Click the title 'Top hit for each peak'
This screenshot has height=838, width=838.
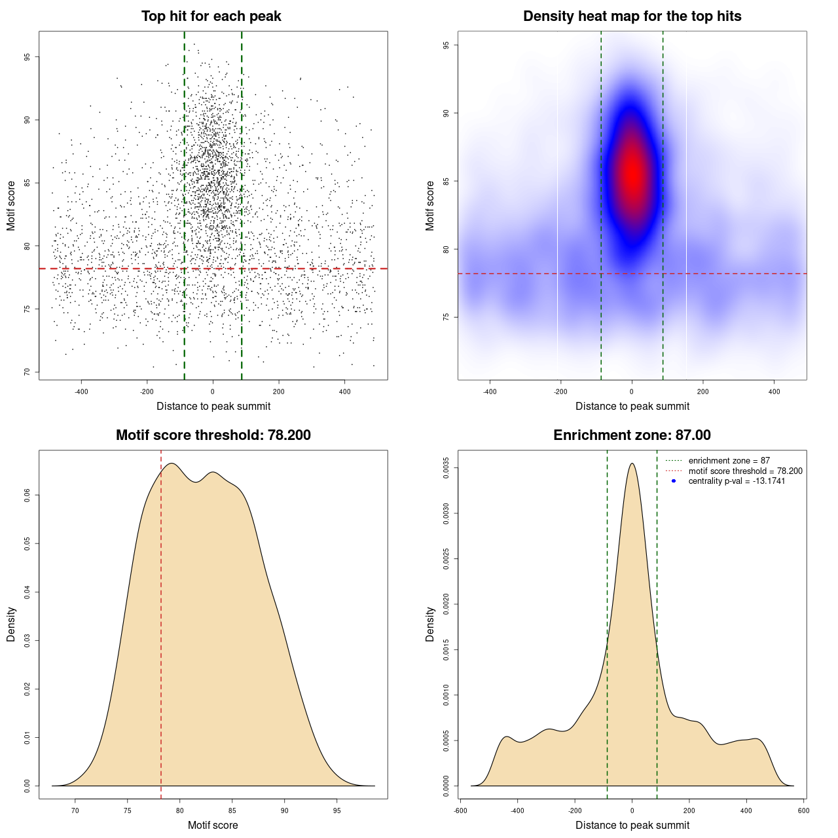(x=211, y=16)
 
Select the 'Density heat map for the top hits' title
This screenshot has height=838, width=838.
(x=632, y=16)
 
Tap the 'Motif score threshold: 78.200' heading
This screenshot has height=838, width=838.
(x=213, y=435)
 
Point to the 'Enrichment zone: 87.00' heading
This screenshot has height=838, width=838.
(x=632, y=435)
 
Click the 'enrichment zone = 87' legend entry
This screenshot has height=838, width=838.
(x=729, y=461)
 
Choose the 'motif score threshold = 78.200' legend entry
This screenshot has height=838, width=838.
(x=745, y=471)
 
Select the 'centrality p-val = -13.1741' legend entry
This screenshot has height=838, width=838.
(x=737, y=481)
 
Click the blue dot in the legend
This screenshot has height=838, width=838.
(x=674, y=481)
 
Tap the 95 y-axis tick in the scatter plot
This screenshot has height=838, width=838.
(x=27, y=57)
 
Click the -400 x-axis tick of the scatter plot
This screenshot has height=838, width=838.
(x=81, y=392)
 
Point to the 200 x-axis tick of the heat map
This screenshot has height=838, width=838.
(x=702, y=392)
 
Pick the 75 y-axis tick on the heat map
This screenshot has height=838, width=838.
(x=446, y=317)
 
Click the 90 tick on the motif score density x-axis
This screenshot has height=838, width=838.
(x=284, y=811)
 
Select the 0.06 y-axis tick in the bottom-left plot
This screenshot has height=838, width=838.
(x=27, y=496)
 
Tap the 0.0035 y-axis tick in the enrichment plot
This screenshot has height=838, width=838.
(x=446, y=468)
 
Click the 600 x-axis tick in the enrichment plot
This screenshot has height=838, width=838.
(x=803, y=811)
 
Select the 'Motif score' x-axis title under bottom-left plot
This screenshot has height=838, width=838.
(x=213, y=825)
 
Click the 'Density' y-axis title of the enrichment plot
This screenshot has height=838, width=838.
(x=430, y=624)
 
